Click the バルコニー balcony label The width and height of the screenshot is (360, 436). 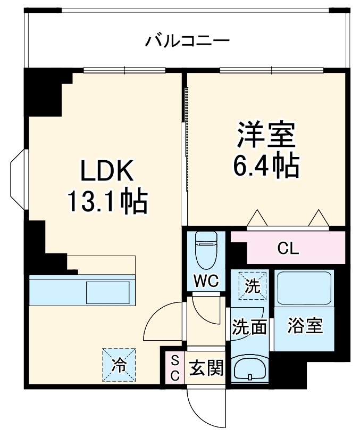[x=188, y=41]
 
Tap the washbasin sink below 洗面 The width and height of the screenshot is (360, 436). [x=249, y=368]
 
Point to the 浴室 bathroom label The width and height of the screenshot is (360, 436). [x=305, y=326]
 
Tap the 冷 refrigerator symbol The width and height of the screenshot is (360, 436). [x=119, y=365]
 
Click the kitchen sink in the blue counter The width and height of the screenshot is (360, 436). [x=108, y=292]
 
